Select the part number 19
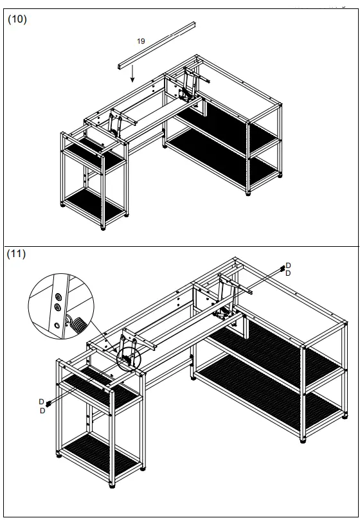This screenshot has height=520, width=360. click(141, 40)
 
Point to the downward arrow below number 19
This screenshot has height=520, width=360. click(132, 75)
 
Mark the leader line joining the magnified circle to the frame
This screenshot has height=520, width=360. click(103, 337)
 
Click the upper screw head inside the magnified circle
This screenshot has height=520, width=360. click(59, 298)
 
